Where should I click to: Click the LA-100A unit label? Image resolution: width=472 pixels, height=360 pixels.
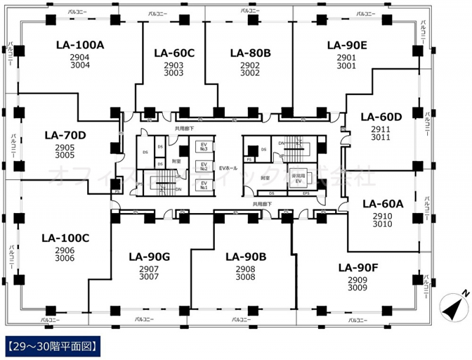coord(80,44)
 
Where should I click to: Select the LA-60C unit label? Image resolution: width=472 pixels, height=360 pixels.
coord(174,53)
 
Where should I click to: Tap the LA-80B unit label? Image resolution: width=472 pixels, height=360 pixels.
coord(250,53)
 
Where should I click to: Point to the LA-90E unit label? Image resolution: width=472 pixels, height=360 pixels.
coord(347,44)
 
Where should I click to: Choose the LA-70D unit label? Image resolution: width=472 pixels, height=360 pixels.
coord(65,135)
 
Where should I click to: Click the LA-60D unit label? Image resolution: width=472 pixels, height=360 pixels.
coord(381,116)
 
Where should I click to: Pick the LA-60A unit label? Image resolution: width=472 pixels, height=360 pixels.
coord(382,204)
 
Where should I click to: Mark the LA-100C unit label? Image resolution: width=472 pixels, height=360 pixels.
coord(65,238)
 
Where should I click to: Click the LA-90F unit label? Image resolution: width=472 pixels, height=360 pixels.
coord(358,267)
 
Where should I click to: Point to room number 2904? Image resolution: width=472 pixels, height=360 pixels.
coord(80,57)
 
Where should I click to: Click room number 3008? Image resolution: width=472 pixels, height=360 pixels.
coord(245,276)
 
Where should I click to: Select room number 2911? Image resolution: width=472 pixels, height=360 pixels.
coord(381,129)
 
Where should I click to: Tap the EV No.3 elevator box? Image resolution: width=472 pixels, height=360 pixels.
coord(204,146)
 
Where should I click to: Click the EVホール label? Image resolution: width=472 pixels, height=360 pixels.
coord(228,169)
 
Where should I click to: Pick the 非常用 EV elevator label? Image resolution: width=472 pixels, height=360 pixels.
coord(298,179)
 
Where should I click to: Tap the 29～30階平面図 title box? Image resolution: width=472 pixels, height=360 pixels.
coord(53,343)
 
